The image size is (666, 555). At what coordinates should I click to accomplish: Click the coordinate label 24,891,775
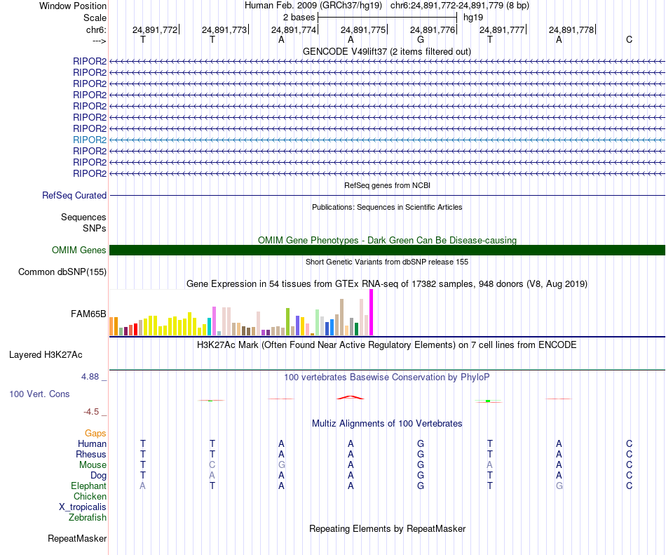pyautogui.click(x=363, y=29)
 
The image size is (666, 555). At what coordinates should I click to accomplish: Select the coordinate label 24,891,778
pyautogui.click(x=571, y=29)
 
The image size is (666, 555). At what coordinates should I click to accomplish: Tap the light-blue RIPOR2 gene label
pyautogui.click(x=90, y=140)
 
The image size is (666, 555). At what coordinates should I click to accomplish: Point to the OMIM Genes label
pyautogui.click(x=79, y=250)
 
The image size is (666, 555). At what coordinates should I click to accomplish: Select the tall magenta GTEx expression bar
pyautogui.click(x=371, y=312)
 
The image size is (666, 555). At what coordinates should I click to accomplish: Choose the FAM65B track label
pyautogui.click(x=89, y=314)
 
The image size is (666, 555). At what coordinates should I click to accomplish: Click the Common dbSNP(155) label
pyautogui.click(x=62, y=272)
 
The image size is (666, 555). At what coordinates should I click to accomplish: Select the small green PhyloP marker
pyautogui.click(x=487, y=401)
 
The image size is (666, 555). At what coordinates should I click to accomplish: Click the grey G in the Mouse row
pyautogui.click(x=281, y=464)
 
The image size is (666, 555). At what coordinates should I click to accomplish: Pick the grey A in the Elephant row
pyautogui.click(x=143, y=486)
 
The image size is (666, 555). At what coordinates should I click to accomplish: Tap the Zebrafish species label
pyautogui.click(x=88, y=518)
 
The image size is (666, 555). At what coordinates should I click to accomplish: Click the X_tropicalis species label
pyautogui.click(x=83, y=507)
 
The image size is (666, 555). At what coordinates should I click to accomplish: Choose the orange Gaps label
pyautogui.click(x=95, y=433)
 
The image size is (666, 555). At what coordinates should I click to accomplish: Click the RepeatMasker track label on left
pyautogui.click(x=77, y=539)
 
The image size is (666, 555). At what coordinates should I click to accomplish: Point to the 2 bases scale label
pyautogui.click(x=299, y=17)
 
